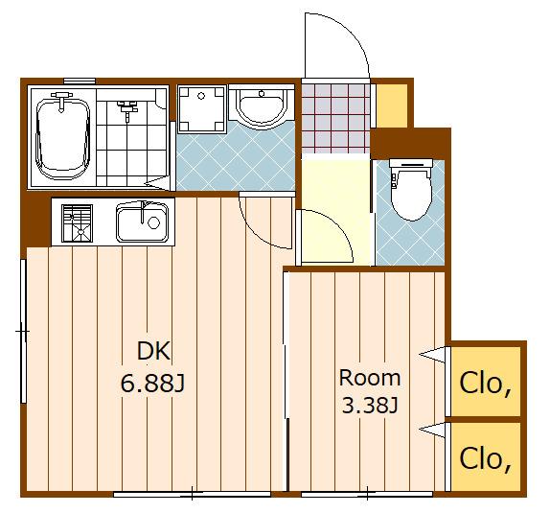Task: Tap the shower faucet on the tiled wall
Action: pos(127,109)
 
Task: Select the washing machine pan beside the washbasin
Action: pos(201,109)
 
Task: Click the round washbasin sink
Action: pos(262,107)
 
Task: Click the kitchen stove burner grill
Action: pos(78,223)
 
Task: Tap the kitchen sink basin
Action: pos(142,222)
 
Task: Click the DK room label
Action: pos(153,350)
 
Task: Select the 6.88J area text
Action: pos(152,383)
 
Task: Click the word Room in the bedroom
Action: pos(369,378)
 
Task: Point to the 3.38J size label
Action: pos(370,406)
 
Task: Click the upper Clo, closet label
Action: pos(485,384)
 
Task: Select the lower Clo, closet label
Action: pos(485,459)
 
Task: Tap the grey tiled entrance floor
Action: pos(335,118)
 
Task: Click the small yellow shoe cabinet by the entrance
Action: pos(392,105)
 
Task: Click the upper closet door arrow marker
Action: pos(432,355)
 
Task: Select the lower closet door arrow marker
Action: pos(432,431)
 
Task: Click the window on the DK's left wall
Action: pos(24,331)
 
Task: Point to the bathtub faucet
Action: pos(61,101)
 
